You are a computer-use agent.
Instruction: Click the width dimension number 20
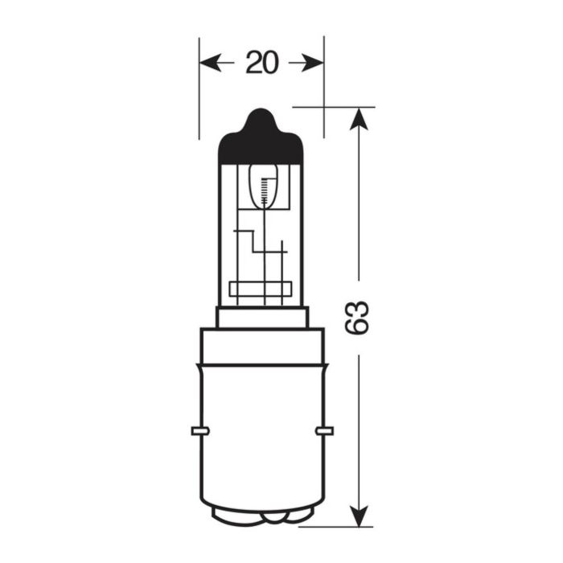[x=261, y=63]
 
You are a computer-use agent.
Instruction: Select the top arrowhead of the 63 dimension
[x=359, y=117]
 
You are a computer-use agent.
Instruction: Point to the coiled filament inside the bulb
[x=261, y=190]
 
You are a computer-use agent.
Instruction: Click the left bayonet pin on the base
[x=195, y=431]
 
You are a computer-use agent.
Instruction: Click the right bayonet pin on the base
[x=327, y=431]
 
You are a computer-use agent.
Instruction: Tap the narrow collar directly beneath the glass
[x=261, y=318]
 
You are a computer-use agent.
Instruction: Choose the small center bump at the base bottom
[x=261, y=518]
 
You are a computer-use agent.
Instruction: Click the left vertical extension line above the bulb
[x=199, y=88]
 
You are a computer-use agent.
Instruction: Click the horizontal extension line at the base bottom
[x=338, y=528]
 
